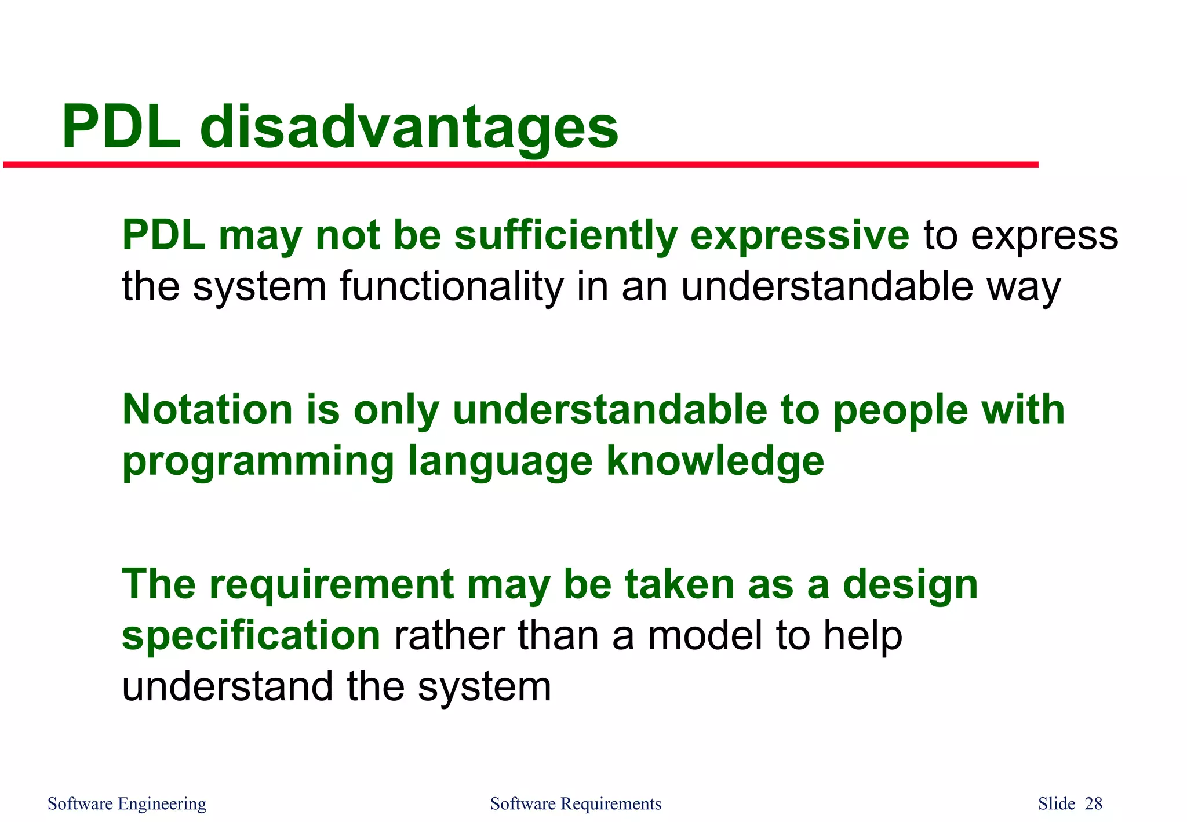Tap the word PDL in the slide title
[121, 128]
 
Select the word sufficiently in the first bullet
[566, 236]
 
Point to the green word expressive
[800, 236]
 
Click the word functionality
[451, 286]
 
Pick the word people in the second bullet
[900, 410]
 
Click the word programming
[258, 461]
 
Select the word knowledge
[715, 461]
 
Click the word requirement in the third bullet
[331, 584]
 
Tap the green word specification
[251, 635]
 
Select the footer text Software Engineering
[127, 803]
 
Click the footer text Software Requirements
[576, 803]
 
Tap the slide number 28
[1093, 803]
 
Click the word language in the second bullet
[500, 461]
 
